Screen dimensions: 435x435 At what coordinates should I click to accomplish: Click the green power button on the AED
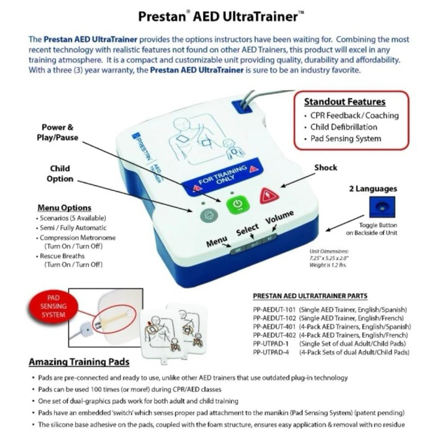(x=236, y=204)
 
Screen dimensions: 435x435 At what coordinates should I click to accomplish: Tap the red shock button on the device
(x=269, y=195)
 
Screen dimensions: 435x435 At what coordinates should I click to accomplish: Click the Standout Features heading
(x=344, y=102)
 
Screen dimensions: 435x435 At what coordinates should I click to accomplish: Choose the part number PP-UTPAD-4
(x=272, y=352)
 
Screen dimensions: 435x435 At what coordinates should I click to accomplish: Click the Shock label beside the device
(x=326, y=168)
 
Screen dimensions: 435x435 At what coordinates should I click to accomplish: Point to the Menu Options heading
(x=64, y=208)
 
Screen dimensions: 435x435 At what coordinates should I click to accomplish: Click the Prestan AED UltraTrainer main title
(x=217, y=16)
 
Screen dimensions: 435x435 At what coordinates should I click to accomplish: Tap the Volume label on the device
(x=280, y=219)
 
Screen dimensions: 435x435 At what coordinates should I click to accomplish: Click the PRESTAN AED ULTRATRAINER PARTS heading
(x=310, y=296)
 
